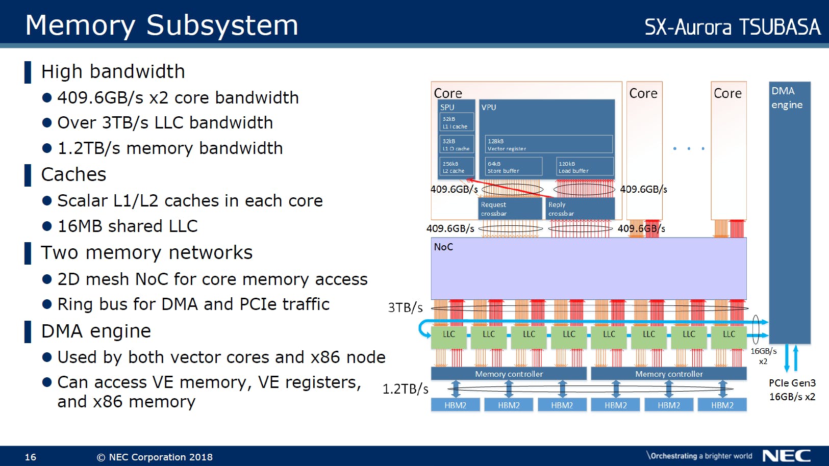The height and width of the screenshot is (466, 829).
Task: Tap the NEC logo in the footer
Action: (786, 455)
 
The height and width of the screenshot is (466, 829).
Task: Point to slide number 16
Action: (31, 457)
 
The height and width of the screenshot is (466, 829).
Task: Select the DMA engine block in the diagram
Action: (789, 212)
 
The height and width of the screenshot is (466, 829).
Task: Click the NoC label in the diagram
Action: (443, 247)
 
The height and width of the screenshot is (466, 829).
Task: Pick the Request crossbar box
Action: (510, 209)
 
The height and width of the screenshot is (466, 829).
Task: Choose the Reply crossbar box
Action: (580, 209)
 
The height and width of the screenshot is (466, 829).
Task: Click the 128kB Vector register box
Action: (548, 144)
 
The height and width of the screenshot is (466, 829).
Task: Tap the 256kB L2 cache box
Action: (457, 167)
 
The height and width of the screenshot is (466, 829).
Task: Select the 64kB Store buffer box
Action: (513, 167)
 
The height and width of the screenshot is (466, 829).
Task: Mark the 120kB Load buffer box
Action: (585, 167)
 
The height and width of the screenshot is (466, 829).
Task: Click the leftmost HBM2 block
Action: (456, 405)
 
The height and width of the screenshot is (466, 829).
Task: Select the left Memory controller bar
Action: (509, 374)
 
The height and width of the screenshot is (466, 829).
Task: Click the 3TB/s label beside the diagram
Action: (405, 307)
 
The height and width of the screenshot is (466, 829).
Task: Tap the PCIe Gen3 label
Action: (792, 383)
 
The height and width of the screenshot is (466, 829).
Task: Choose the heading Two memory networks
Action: (147, 252)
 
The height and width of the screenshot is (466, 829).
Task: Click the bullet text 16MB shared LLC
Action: (127, 226)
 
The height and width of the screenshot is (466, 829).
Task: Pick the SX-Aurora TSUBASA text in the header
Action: (732, 27)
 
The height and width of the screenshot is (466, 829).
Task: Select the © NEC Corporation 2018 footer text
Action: (155, 457)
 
